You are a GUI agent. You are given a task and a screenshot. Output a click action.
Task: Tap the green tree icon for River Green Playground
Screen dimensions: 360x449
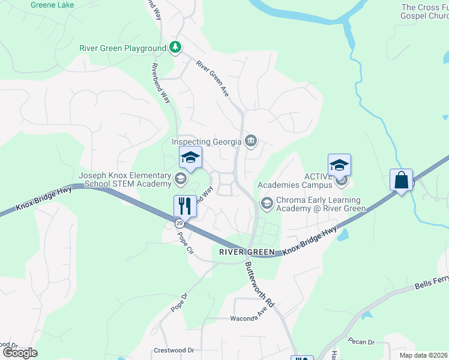point(175,47)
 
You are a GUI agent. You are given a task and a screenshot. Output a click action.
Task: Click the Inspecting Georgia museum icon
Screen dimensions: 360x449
point(252,142)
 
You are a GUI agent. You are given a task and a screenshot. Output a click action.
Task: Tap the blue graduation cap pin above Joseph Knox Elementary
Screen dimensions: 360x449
point(190,158)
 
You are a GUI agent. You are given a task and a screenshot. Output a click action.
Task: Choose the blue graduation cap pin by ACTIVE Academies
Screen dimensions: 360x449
point(339,165)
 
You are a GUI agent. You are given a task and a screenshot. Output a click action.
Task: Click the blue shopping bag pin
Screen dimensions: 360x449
point(401,180)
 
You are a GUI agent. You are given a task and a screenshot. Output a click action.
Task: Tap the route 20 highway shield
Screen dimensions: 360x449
point(179,223)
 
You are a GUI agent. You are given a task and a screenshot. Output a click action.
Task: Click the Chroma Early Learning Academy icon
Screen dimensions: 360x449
point(266,205)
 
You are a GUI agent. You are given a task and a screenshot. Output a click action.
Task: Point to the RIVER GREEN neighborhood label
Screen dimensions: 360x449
point(246,252)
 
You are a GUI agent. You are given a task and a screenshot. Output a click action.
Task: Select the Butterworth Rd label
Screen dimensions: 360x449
point(259,284)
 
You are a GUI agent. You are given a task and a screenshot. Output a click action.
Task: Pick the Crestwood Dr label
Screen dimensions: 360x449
point(174,350)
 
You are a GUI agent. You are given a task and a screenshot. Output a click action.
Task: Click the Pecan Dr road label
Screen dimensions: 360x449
point(361,342)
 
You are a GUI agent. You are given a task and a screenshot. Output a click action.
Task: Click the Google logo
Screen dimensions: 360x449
point(20,352)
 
